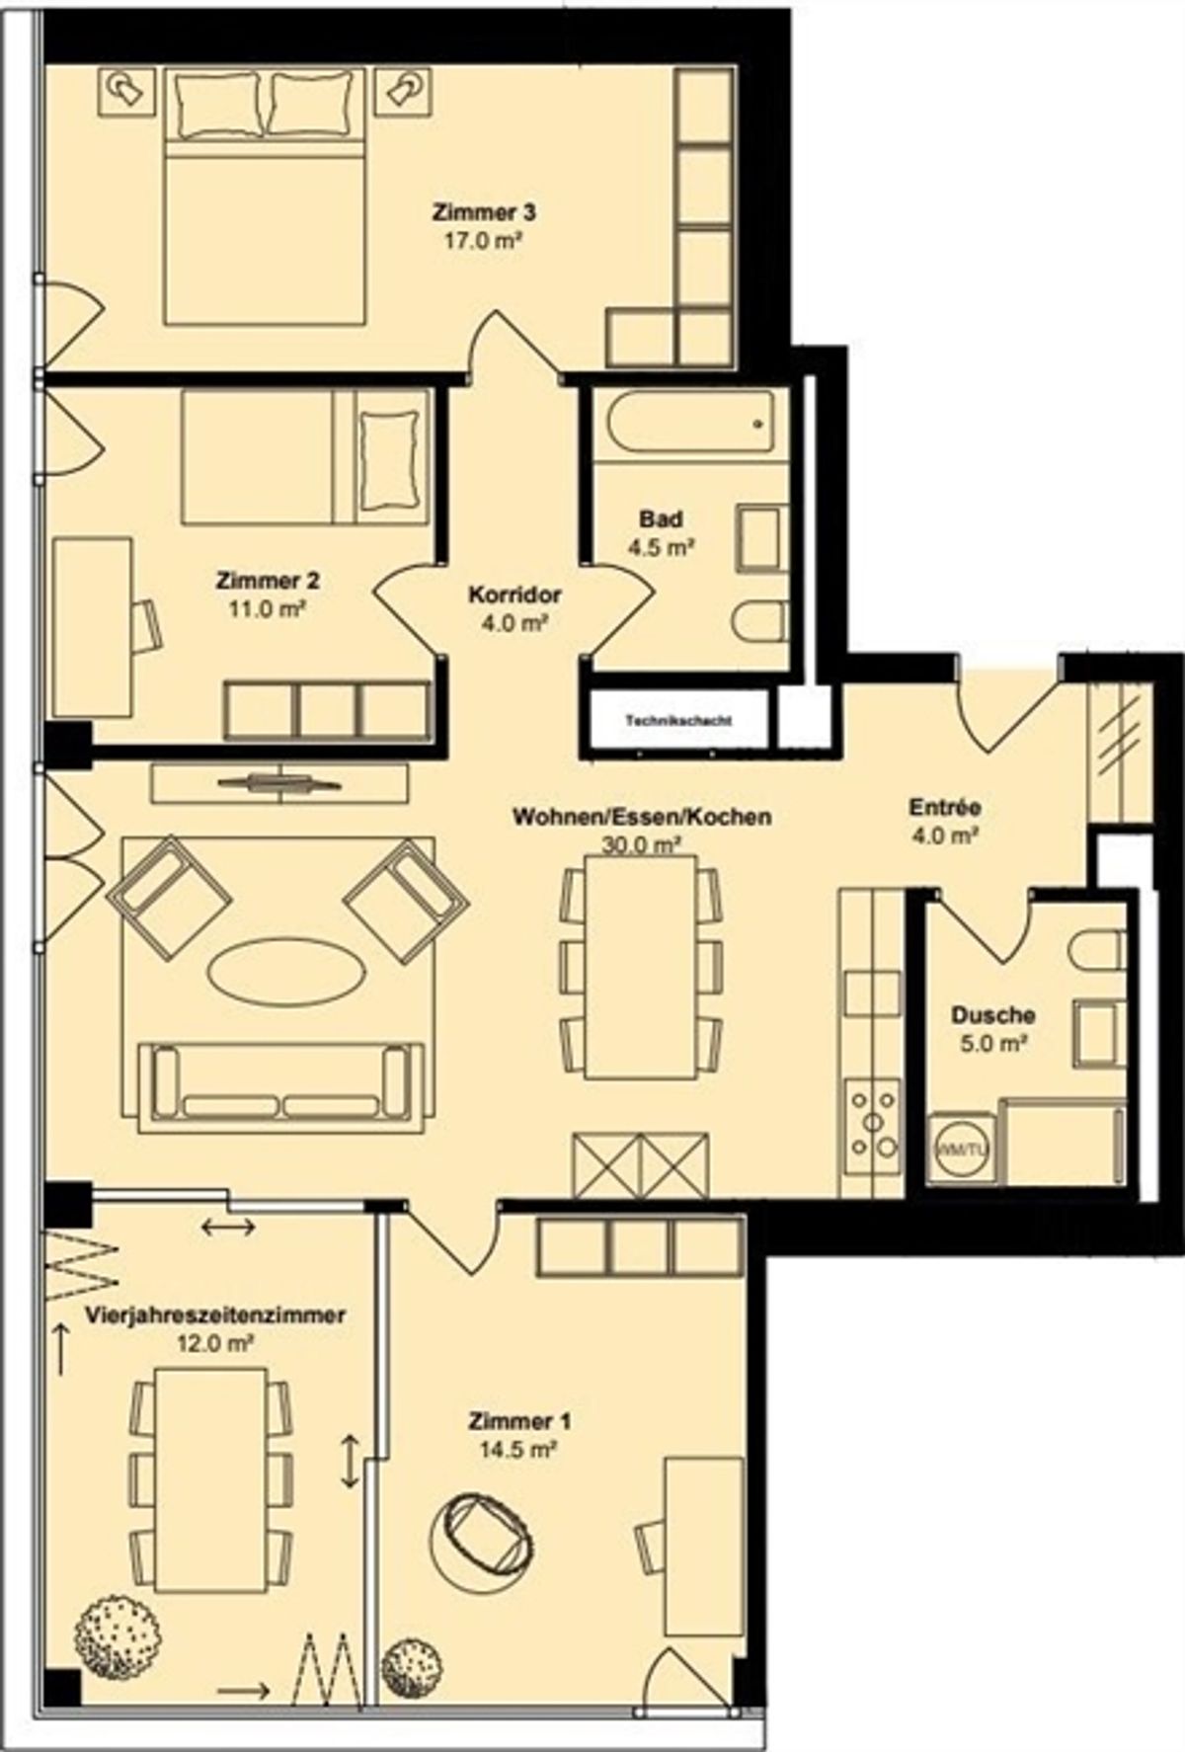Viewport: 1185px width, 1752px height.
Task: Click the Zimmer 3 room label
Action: click(x=484, y=211)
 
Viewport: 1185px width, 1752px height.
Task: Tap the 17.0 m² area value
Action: click(x=484, y=240)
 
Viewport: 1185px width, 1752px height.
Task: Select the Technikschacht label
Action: click(x=678, y=720)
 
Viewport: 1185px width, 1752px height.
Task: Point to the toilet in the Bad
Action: click(x=760, y=621)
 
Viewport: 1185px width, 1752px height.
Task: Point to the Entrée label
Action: click(x=945, y=808)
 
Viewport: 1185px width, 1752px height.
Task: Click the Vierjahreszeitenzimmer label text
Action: click(x=215, y=1315)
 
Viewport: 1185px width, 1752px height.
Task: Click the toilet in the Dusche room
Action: click(x=1097, y=950)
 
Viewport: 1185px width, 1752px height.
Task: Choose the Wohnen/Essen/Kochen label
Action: click(x=642, y=817)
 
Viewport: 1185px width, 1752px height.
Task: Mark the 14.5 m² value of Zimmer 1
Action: click(x=519, y=1451)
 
